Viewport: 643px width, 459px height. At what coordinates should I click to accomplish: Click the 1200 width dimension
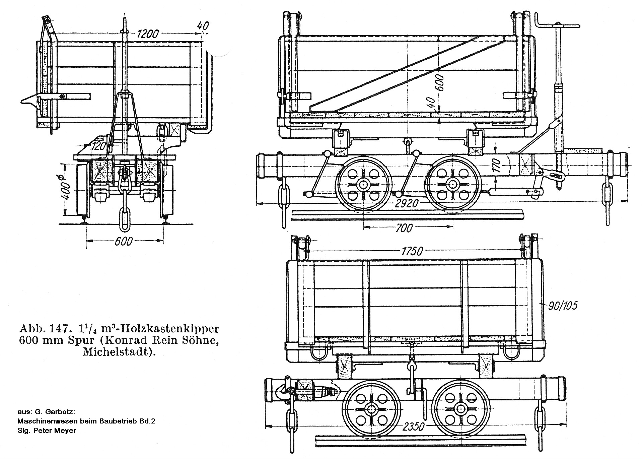tap(147, 34)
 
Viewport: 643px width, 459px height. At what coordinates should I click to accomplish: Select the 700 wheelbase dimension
tap(404, 228)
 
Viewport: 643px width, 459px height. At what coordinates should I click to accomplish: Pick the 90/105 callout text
tap(563, 306)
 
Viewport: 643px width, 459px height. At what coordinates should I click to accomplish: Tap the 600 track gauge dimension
tap(124, 241)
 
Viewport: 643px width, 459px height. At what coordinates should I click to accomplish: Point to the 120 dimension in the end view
tap(99, 146)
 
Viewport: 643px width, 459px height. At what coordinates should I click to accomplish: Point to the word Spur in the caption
tap(82, 340)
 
